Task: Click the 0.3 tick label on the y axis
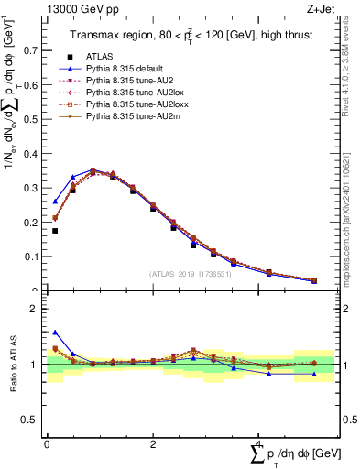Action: pos(33,188)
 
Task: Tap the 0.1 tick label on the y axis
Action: pos(33,256)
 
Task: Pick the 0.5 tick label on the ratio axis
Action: pos(33,420)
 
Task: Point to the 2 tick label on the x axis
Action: pos(152,444)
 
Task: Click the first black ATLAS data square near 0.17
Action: pos(55,231)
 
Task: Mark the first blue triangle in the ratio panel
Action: pos(55,333)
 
